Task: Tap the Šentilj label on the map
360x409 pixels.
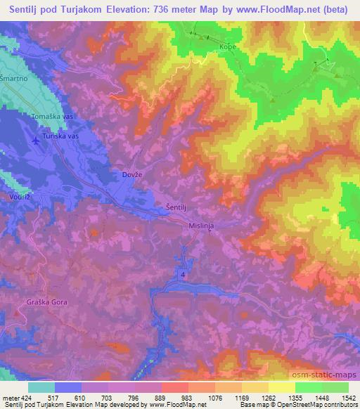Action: coord(176,207)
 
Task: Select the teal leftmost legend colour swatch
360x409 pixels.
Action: coord(41,387)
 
